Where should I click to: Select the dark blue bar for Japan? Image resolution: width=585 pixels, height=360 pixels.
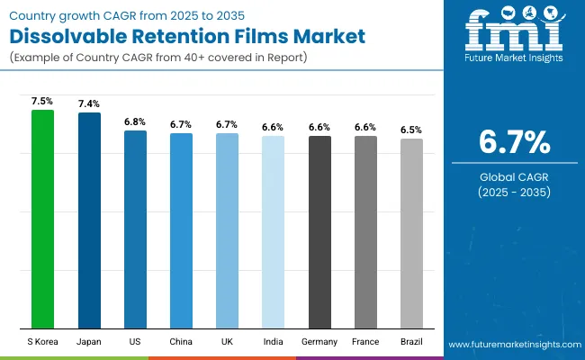coord(89,220)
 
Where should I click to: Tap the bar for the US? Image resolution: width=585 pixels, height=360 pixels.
coord(135,229)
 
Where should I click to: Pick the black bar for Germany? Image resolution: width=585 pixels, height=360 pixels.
coord(319,232)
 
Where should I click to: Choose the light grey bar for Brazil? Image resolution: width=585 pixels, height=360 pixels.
coord(411,233)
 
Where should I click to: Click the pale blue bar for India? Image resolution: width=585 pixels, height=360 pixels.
coord(273,232)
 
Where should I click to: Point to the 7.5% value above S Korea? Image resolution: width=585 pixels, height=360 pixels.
coord(42,102)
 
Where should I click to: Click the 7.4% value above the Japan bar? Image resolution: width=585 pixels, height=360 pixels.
coord(89,104)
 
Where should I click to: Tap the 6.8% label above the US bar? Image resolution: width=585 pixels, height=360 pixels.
coord(135,121)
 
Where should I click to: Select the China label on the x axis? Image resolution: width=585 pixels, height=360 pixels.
coord(181,342)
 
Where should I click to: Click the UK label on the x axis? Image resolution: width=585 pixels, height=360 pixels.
coord(227,342)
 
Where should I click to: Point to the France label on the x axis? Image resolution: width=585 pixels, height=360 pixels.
coord(365,342)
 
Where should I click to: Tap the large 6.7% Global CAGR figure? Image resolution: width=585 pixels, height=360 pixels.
coord(513,142)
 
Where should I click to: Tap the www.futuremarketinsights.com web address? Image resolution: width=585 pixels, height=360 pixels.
coord(511,345)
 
